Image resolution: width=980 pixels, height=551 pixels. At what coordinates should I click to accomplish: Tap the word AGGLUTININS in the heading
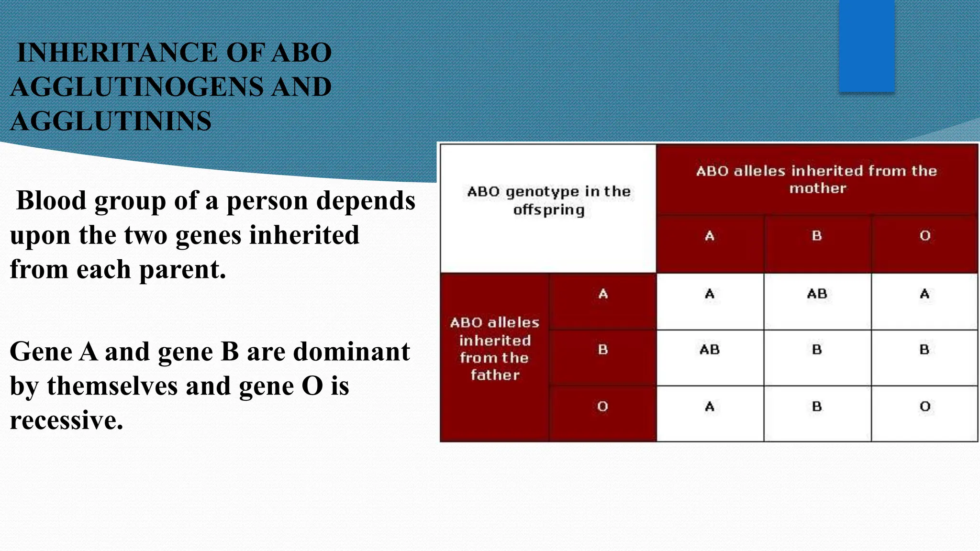click(111, 121)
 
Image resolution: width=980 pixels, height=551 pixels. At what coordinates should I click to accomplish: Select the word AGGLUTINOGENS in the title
click(137, 87)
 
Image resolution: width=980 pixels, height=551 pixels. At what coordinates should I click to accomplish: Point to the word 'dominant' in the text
click(351, 352)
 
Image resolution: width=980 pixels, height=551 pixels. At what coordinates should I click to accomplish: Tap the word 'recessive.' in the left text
click(67, 421)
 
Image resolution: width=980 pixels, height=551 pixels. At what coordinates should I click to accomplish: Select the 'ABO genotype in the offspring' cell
click(548, 201)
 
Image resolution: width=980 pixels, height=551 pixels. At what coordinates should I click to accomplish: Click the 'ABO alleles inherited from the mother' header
click(816, 179)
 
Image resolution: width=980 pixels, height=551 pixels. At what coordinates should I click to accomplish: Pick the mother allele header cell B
click(817, 236)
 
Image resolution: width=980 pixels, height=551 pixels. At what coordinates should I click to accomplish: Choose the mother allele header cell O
click(924, 236)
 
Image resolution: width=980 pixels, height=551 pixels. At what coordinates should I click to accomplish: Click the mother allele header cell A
click(710, 236)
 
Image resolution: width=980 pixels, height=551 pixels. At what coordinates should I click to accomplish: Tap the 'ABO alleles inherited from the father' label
click(494, 349)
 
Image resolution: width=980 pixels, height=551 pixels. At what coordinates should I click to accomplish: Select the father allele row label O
click(602, 407)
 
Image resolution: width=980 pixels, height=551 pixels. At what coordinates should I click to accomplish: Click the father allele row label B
click(602, 350)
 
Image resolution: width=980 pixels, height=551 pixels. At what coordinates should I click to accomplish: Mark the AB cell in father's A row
click(817, 294)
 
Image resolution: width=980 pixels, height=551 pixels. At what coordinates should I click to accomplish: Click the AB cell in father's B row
click(710, 350)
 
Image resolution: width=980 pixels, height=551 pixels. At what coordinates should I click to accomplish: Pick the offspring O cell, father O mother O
click(924, 407)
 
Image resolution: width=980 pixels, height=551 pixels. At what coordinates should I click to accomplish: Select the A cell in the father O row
click(710, 407)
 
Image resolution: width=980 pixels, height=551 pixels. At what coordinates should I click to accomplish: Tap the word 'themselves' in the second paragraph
click(112, 386)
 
